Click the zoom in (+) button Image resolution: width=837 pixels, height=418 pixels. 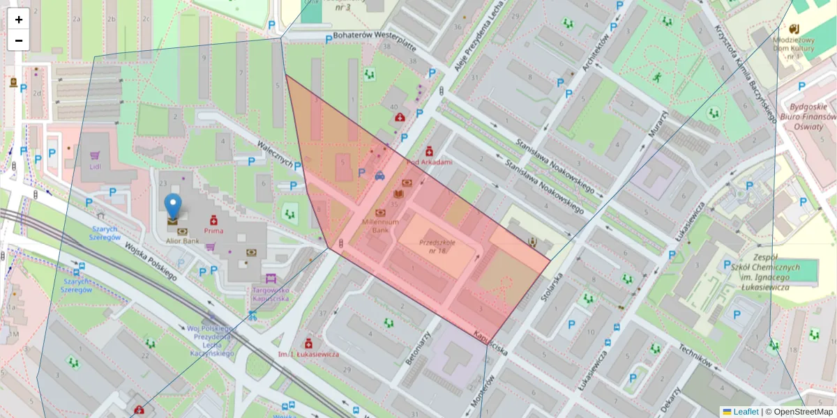[x=19, y=20]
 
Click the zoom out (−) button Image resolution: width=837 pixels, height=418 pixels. [x=19, y=40]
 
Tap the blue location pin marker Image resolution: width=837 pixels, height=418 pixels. [x=172, y=208]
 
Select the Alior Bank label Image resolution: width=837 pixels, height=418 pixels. [x=183, y=241]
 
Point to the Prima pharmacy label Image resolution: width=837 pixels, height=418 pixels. [x=213, y=229]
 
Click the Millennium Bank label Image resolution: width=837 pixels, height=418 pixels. [x=380, y=226]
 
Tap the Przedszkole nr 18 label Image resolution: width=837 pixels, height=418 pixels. [x=437, y=246]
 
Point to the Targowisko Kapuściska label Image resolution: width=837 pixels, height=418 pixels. [x=271, y=293]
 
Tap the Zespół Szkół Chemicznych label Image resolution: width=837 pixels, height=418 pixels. [x=756, y=272]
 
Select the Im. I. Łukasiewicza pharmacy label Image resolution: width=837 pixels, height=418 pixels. [x=308, y=354]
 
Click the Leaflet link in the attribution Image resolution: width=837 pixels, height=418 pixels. [x=745, y=412]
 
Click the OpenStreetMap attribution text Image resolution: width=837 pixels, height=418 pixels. [x=802, y=412]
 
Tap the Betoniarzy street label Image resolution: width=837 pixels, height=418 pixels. [x=418, y=348]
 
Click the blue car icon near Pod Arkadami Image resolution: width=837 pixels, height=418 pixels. [x=379, y=176]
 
